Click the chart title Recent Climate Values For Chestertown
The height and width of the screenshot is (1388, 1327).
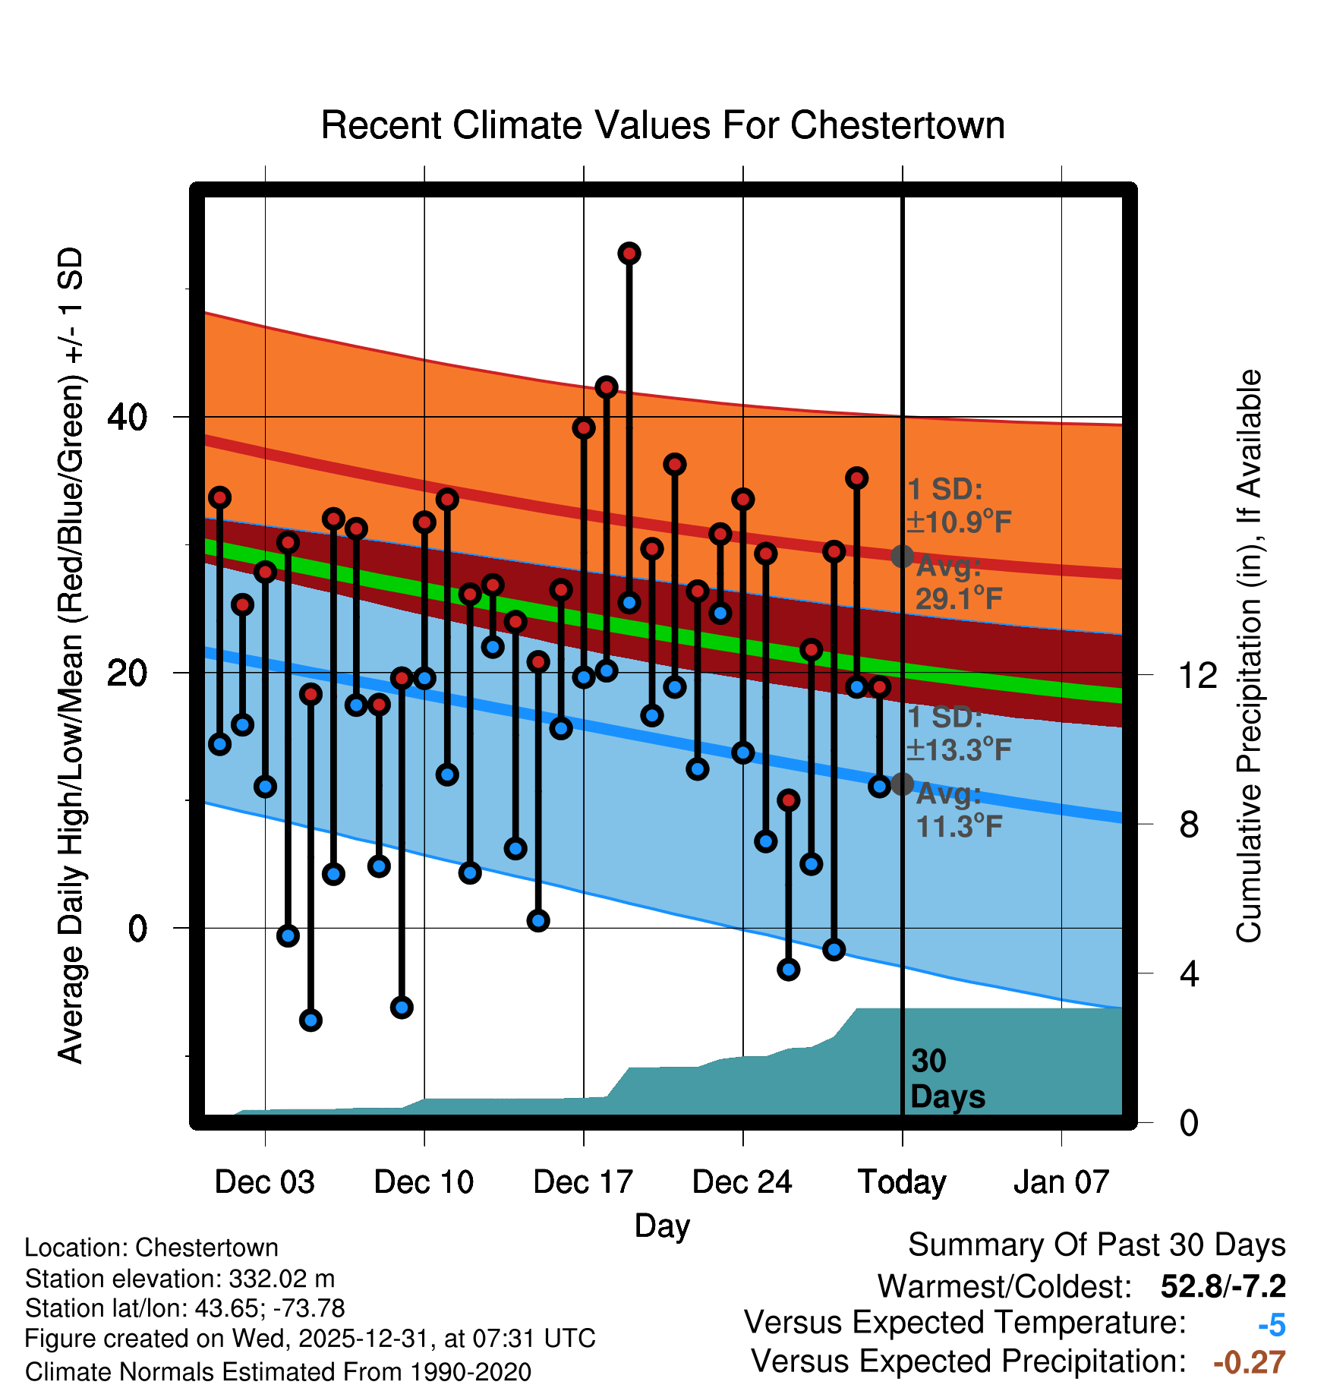click(x=663, y=125)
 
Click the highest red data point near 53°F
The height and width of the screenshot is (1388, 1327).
click(x=629, y=254)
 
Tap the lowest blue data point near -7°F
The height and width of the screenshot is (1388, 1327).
click(x=310, y=1020)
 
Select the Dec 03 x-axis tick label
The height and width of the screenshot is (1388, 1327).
click(x=264, y=1182)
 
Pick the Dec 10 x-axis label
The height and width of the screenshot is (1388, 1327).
click(x=424, y=1182)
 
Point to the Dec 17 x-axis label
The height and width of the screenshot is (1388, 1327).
click(x=583, y=1182)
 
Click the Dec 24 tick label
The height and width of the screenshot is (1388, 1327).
click(x=742, y=1182)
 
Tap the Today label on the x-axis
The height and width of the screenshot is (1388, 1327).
click(x=902, y=1182)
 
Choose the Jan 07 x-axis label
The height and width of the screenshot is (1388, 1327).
click(x=1061, y=1182)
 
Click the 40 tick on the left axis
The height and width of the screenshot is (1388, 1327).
click(x=128, y=417)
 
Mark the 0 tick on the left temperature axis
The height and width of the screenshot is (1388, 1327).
click(x=137, y=928)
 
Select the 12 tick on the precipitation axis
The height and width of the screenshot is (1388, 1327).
click(x=1197, y=674)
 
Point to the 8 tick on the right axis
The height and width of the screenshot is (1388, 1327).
click(x=1189, y=824)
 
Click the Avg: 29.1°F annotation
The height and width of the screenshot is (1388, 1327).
click(x=958, y=583)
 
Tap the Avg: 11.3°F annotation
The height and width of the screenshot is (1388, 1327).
click(x=958, y=810)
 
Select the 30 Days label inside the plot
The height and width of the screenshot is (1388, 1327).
click(x=947, y=1079)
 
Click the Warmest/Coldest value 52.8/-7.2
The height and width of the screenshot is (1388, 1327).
click(x=1223, y=1286)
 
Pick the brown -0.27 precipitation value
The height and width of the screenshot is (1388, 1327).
click(x=1250, y=1362)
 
